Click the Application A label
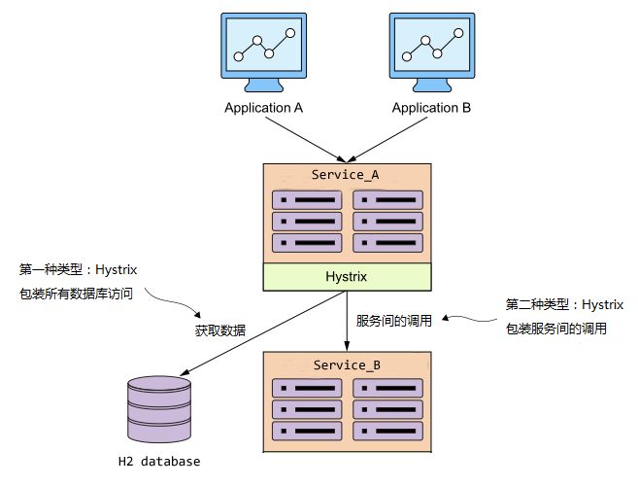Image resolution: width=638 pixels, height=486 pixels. (264, 108)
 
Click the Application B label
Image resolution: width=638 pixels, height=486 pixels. (431, 108)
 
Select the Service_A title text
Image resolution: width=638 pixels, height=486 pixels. (345, 175)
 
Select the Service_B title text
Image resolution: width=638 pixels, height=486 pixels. (345, 364)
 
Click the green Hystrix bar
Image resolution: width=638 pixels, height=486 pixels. (347, 277)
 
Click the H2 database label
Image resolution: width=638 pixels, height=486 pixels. (159, 461)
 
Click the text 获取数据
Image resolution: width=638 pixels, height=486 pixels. (220, 330)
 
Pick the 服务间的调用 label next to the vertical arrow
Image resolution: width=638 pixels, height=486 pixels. (392, 320)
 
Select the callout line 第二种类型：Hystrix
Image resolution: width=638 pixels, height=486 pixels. (564, 304)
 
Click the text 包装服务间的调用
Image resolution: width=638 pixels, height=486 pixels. (555, 329)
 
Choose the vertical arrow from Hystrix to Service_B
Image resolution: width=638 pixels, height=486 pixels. (347, 321)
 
